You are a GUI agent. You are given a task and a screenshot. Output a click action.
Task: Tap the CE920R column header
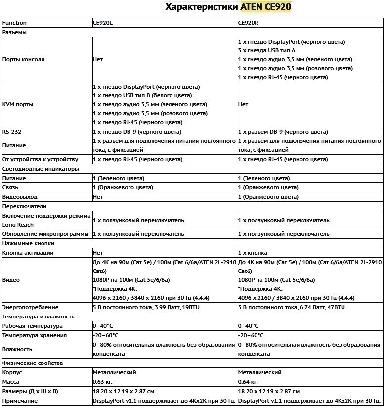point(249,23)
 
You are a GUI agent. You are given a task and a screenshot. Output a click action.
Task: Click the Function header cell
point(14,23)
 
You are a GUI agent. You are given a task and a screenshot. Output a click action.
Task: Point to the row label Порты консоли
point(24,59)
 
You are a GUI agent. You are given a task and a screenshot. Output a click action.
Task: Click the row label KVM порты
point(19,105)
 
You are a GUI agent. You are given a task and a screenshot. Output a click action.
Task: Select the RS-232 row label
point(12,132)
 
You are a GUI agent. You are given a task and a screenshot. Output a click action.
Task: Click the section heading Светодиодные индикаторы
point(41,169)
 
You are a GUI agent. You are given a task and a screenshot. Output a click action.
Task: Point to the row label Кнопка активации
point(28,253)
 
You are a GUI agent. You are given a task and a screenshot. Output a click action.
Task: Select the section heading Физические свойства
point(33,363)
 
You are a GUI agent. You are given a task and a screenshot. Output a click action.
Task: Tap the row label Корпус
point(12,372)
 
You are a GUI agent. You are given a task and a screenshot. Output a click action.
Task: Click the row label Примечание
point(20,401)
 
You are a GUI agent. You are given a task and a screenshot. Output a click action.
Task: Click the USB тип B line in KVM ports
point(142,95)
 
